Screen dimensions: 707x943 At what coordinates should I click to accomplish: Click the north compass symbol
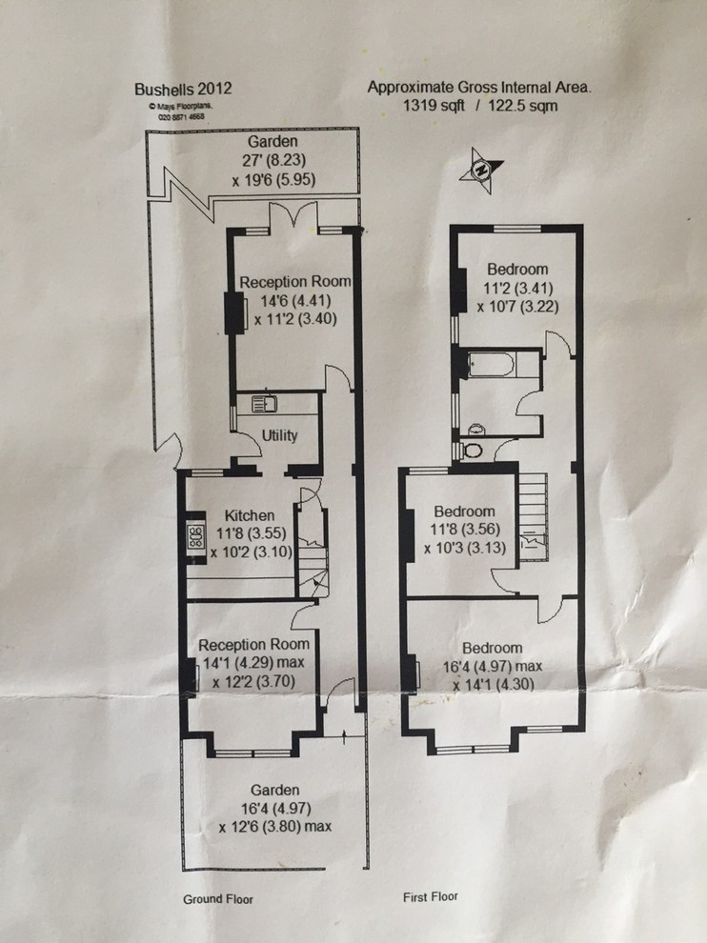481,171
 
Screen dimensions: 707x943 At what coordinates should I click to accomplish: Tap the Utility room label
280,434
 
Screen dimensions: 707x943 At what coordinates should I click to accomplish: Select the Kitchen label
249,515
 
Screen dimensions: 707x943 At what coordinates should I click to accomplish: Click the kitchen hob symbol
196,535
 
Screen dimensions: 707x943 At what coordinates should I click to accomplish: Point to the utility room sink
264,403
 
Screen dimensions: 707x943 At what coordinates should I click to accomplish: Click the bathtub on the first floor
491,365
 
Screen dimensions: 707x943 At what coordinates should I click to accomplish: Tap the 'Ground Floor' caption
218,899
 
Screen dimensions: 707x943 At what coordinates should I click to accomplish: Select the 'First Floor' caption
431,896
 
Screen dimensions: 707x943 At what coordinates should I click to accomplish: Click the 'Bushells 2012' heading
183,89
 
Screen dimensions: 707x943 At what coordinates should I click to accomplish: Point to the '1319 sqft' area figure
434,106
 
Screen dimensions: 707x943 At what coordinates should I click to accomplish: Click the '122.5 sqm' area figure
522,106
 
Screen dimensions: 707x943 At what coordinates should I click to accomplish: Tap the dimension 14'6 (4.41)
295,300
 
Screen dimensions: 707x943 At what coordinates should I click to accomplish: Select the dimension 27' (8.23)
273,161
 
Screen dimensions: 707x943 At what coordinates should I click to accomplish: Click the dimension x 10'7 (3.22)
518,307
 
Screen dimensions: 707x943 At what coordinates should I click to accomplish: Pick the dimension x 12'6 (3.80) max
275,827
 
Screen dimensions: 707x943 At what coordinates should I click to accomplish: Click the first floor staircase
534,517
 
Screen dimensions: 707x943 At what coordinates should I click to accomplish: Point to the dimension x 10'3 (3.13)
465,549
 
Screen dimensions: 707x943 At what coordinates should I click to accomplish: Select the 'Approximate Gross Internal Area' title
479,88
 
